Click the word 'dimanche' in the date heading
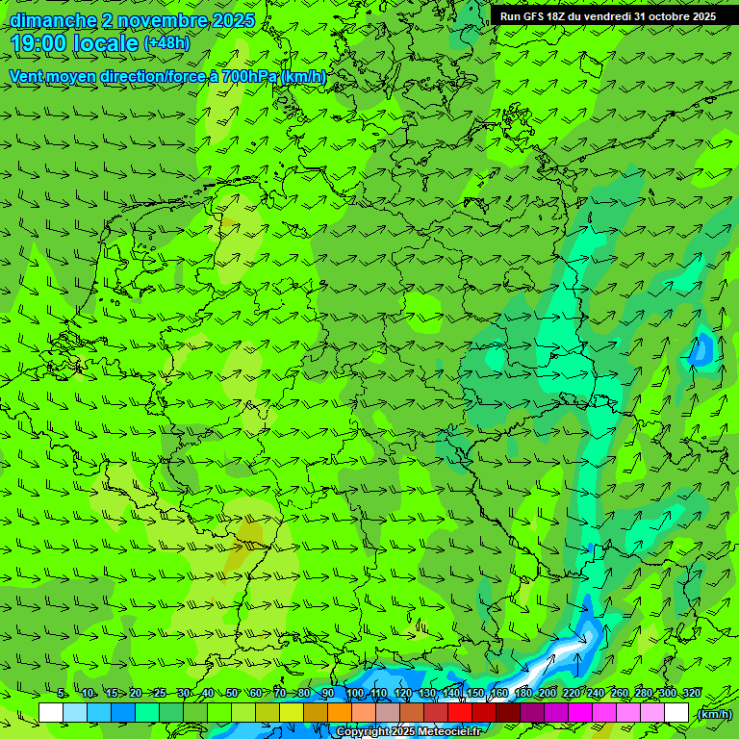(x=53, y=20)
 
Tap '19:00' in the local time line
(x=40, y=43)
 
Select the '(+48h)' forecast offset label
(x=166, y=43)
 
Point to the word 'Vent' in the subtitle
(x=29, y=76)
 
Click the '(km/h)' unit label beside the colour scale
(x=714, y=714)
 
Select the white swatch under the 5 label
(x=51, y=713)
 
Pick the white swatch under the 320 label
(x=676, y=713)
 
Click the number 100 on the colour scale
(x=355, y=694)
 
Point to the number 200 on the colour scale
(x=548, y=694)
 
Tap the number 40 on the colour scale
(x=208, y=694)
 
